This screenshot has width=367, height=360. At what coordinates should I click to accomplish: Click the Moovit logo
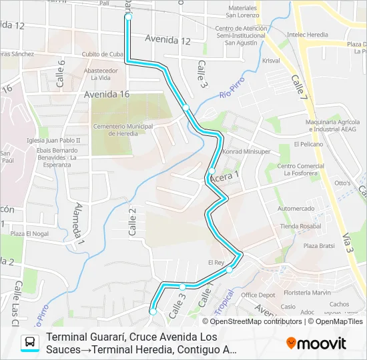[x=317, y=343]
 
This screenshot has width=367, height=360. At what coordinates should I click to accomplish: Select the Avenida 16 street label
[x=107, y=95]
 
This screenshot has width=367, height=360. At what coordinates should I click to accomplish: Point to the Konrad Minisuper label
[x=247, y=151]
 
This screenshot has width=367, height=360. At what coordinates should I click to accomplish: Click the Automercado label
[x=296, y=209]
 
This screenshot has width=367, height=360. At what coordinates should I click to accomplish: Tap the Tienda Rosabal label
[x=301, y=227]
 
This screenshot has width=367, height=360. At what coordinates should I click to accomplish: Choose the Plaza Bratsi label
[x=320, y=246]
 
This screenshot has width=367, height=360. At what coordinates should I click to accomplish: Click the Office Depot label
[x=258, y=295]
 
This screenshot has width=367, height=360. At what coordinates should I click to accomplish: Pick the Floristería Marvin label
[x=306, y=293]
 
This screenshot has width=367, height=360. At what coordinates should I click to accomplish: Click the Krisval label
[x=271, y=61]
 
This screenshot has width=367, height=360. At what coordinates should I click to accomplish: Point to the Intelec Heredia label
[x=308, y=33]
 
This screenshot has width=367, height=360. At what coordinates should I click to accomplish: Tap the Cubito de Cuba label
[x=103, y=54]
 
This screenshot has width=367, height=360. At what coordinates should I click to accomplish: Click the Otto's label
[x=342, y=183]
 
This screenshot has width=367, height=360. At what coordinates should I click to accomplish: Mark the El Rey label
[x=217, y=262]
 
